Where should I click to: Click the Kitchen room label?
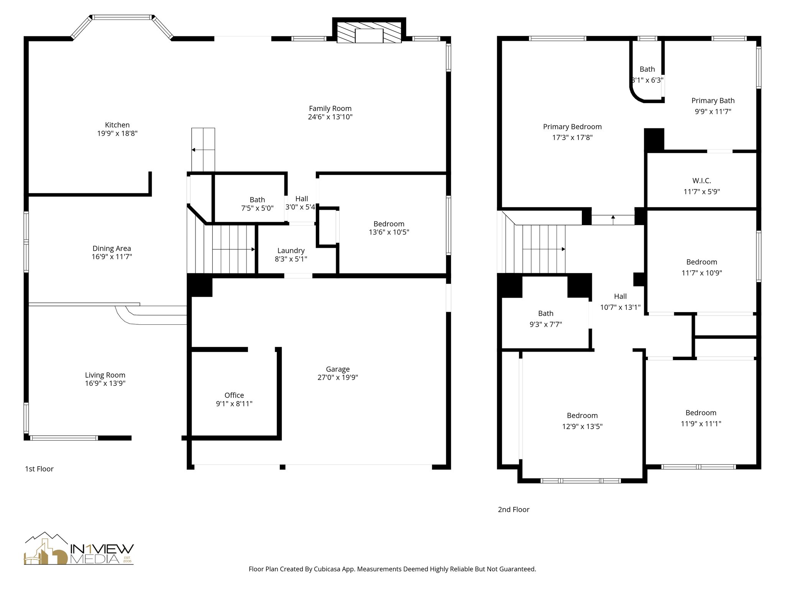click(x=117, y=125)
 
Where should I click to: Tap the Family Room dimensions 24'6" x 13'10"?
click(x=330, y=117)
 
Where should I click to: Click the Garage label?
click(x=338, y=369)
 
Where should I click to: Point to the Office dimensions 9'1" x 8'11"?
click(x=234, y=403)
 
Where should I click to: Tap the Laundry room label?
click(x=291, y=250)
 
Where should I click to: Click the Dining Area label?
click(x=112, y=248)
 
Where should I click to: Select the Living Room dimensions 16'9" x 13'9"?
click(x=105, y=383)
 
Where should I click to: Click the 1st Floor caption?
click(x=39, y=469)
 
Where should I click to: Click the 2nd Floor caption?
click(x=513, y=509)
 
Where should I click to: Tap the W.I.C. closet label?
click(x=701, y=180)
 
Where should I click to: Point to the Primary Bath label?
click(x=713, y=100)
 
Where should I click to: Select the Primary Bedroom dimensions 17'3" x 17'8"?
click(x=572, y=137)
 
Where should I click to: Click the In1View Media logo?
click(x=79, y=549)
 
